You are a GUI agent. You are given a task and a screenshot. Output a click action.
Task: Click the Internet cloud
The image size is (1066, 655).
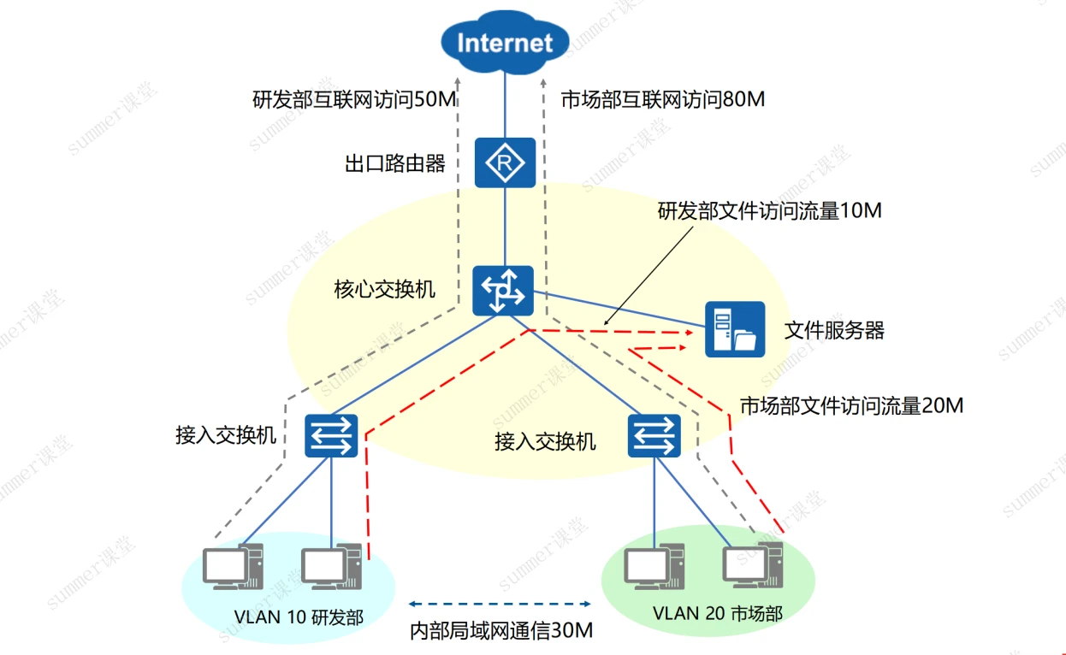505,42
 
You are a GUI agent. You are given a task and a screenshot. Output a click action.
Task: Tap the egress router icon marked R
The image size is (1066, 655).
505,162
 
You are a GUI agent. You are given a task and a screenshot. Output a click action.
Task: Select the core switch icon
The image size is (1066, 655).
502,291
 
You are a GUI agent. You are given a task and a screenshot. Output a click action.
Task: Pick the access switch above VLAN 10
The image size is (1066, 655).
330,435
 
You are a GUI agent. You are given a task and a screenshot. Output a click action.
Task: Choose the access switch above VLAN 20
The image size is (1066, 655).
654,435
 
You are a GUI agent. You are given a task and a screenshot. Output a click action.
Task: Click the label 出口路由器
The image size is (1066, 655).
395,163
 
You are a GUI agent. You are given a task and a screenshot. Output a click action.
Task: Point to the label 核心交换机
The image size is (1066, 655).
384,289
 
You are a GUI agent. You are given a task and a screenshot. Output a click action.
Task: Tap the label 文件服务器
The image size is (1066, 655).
834,330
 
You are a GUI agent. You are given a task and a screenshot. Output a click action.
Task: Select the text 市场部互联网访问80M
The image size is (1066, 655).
662,100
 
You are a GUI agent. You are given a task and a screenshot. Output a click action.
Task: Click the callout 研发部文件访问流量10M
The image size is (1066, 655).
769,210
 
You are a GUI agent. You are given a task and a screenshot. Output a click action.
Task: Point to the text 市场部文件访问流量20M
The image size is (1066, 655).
851,404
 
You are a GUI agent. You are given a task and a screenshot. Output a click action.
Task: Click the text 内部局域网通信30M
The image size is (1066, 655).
501,631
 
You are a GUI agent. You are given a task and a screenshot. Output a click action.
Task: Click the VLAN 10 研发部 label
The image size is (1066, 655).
299,617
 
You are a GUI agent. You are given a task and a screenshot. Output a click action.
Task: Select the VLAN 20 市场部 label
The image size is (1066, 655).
717,613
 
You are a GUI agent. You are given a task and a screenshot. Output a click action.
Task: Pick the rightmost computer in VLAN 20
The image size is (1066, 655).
754,564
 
